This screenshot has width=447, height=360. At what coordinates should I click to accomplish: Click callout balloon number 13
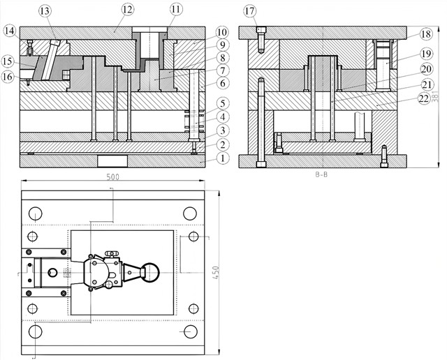(x=45, y=10)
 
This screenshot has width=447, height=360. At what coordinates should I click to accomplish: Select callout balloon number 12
(x=127, y=9)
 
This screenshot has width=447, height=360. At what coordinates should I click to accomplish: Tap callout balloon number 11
(x=175, y=9)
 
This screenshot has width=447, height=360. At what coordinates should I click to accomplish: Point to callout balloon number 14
(x=10, y=30)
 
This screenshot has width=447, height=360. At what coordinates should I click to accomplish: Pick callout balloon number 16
(x=8, y=77)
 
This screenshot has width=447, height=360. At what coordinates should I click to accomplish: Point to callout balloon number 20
(x=425, y=70)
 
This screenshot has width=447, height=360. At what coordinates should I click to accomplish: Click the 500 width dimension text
(x=113, y=177)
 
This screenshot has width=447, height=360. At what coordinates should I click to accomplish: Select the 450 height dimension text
(x=216, y=273)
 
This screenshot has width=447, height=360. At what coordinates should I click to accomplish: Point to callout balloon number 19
(x=426, y=53)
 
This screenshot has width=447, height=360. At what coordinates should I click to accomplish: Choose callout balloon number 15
(x=8, y=61)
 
